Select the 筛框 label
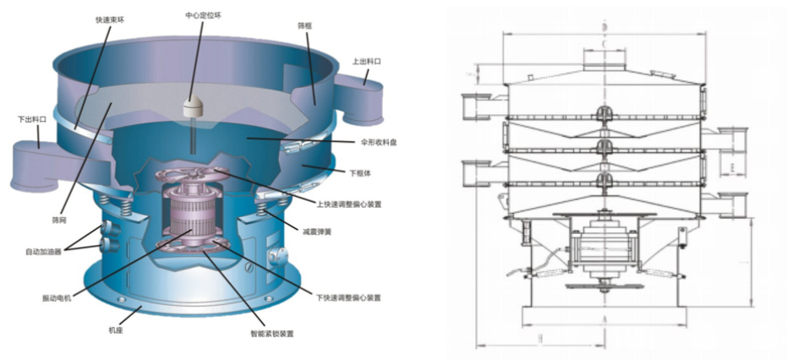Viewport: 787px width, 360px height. [305, 26]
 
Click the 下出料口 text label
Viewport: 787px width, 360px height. [32, 120]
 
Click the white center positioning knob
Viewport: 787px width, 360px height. [194, 106]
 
